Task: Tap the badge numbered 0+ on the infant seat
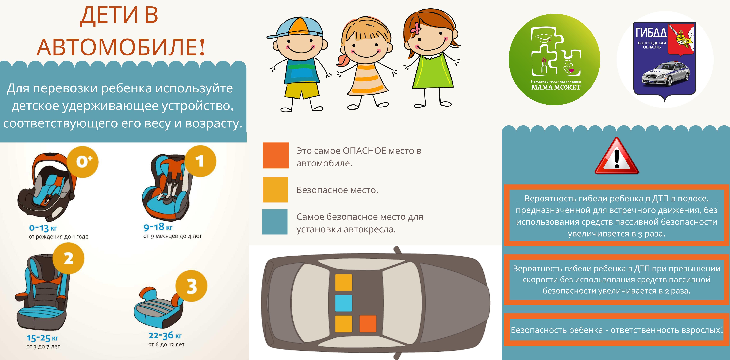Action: [x=82, y=162]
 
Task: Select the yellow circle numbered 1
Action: [x=200, y=161]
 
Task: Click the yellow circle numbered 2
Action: [x=68, y=258]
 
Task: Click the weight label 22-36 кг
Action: [x=165, y=336]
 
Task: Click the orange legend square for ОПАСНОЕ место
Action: [x=275, y=155]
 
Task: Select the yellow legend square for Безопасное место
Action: [x=275, y=190]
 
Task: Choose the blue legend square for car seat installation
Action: [x=275, y=222]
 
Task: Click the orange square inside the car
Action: [x=368, y=324]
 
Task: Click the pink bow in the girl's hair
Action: [x=415, y=27]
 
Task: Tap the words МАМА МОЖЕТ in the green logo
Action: [x=556, y=87]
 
